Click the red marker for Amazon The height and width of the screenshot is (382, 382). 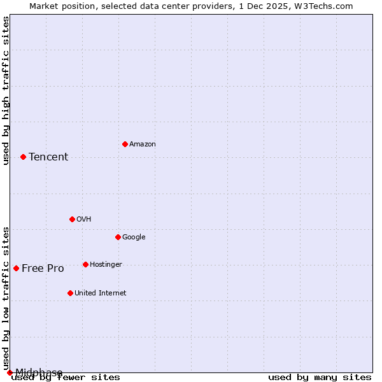125,144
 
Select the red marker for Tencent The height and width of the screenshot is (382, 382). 23,157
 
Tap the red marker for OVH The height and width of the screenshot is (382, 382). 72,219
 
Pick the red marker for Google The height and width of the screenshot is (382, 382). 118,237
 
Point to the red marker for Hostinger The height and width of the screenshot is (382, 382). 85,264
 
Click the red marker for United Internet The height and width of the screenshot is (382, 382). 70,293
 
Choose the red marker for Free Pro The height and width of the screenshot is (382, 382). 16,268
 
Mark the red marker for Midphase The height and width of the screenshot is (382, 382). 10,372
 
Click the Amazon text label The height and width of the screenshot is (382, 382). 143,145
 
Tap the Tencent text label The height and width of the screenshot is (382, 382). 48,157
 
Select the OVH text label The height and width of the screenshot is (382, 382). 84,220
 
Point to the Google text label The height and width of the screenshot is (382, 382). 134,237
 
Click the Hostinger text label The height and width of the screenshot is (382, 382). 106,265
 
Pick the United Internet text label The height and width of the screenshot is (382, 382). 100,294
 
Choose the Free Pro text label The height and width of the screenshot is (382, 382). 43,269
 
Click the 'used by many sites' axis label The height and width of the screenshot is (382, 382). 320,378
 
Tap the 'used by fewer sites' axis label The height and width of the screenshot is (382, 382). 66,378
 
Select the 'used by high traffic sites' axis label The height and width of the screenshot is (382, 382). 6,90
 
